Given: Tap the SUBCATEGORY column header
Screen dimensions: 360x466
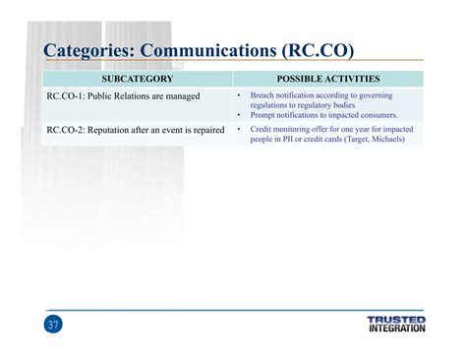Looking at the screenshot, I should [137, 79].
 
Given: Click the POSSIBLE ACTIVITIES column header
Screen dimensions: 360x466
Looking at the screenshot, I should [328, 79].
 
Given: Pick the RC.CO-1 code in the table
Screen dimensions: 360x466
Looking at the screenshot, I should [67, 96].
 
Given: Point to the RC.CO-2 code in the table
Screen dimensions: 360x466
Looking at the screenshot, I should [67, 129].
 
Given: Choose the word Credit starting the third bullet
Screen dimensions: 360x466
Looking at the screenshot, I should [262, 129].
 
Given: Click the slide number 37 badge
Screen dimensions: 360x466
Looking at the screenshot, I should [53, 326].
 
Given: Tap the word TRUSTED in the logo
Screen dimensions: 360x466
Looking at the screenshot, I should [396, 320].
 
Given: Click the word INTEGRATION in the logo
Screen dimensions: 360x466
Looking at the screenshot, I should [396, 329].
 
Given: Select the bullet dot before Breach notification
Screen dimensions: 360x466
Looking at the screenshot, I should [240, 96].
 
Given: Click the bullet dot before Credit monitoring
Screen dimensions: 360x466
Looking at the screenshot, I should [240, 129].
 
